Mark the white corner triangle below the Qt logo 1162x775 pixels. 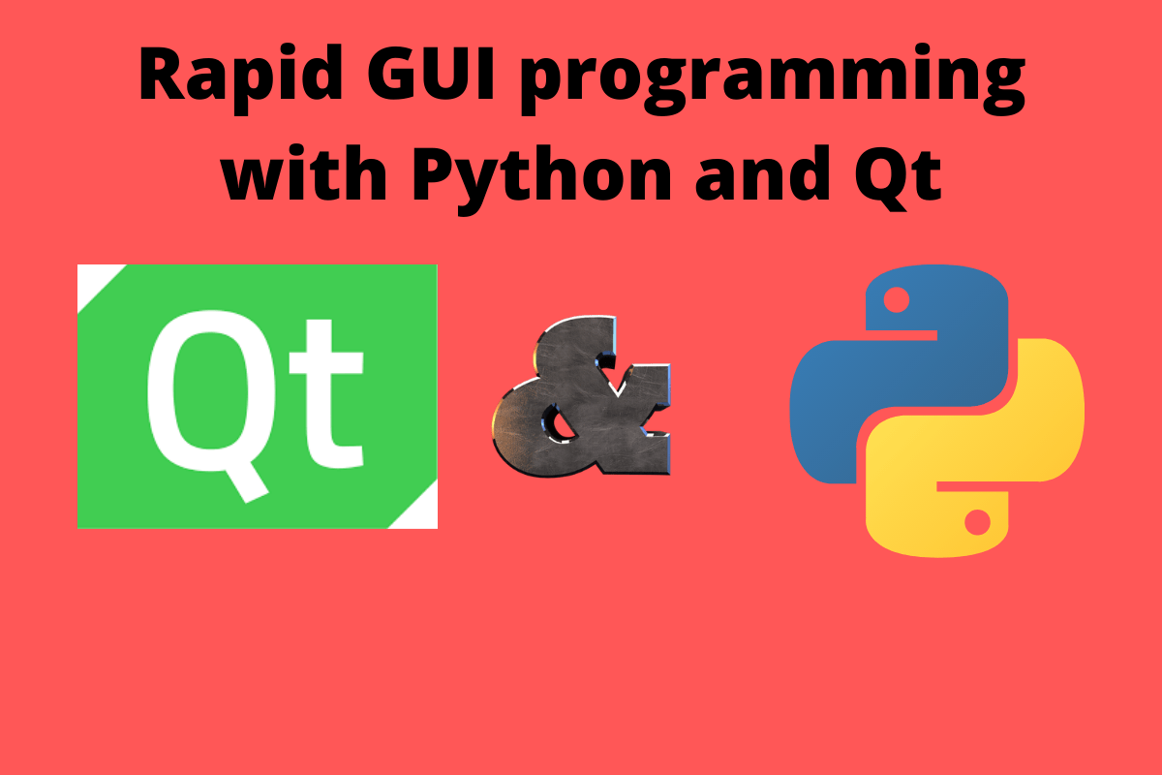(418, 513)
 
